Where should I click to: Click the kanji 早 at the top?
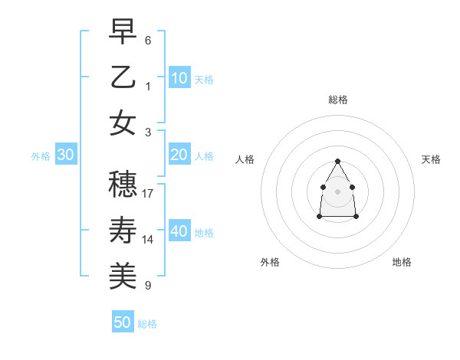point(123,33)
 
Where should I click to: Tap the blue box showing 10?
point(179,77)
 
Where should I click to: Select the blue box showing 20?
point(179,155)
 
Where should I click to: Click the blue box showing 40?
point(179,231)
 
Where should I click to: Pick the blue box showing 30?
point(66,155)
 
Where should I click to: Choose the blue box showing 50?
point(123,322)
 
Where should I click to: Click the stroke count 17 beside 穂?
point(148,194)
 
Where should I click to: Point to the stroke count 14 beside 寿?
point(148,240)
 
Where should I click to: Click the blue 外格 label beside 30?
point(41,156)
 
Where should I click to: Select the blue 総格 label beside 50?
point(147,324)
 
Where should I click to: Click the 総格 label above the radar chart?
point(338,100)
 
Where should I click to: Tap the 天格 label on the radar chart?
point(431,159)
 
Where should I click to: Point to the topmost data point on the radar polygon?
point(338,161)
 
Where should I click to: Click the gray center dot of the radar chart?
point(338,191)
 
